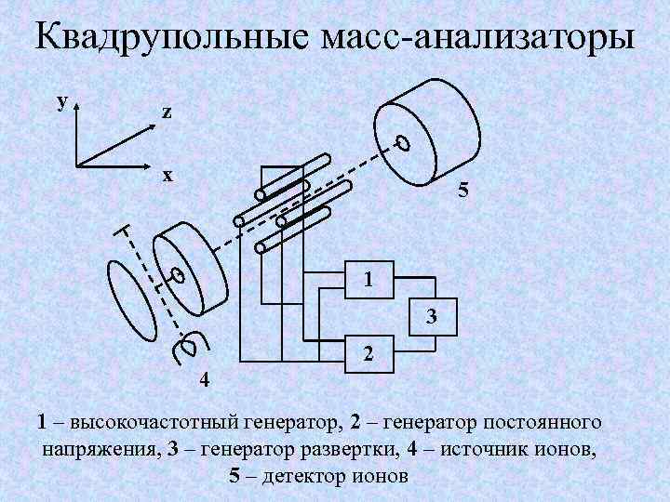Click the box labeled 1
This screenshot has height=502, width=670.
[x=369, y=278]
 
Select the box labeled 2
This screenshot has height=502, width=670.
[x=369, y=354]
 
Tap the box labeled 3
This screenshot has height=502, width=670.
[x=431, y=315]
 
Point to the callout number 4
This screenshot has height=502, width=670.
[x=205, y=379]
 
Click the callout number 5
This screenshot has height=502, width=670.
[x=462, y=193]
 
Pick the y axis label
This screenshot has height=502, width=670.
[x=61, y=100]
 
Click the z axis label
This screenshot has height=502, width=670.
[x=166, y=112]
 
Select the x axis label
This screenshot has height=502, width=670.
[x=167, y=175]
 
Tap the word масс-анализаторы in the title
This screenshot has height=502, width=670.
[x=477, y=39]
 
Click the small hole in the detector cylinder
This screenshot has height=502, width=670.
[x=402, y=143]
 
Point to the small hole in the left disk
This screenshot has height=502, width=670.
[x=177, y=275]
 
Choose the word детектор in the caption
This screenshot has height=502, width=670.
[x=301, y=477]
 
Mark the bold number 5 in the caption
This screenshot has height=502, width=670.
[x=234, y=477]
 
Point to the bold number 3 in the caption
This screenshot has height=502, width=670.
[x=172, y=450]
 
